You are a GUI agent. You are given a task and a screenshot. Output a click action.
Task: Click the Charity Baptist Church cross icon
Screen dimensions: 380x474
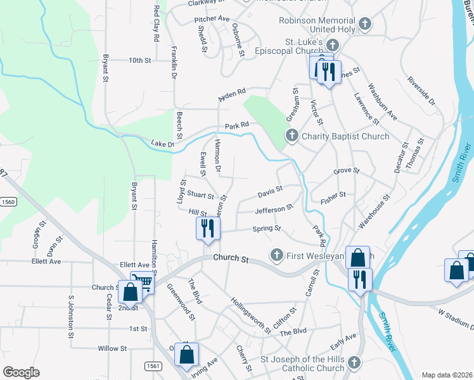click(x=291, y=136)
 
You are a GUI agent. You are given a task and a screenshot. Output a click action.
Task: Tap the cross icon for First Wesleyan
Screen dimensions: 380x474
click(x=276, y=255)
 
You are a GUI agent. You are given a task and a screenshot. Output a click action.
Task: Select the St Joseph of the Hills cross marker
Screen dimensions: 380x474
click(x=354, y=363)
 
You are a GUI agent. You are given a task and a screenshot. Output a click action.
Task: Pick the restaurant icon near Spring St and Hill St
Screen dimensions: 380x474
click(x=208, y=229)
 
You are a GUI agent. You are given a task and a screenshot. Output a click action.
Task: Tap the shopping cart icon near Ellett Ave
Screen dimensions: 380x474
click(x=143, y=282)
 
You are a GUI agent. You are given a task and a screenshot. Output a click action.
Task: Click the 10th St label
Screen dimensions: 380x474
click(x=139, y=61)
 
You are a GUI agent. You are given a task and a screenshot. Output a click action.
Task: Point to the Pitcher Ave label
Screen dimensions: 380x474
click(x=212, y=19)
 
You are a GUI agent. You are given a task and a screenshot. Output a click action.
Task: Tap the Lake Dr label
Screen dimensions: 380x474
click(x=163, y=144)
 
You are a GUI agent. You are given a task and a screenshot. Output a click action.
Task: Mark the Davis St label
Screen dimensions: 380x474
click(x=270, y=191)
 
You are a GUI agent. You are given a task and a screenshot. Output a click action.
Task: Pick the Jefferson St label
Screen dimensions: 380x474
click(x=274, y=209)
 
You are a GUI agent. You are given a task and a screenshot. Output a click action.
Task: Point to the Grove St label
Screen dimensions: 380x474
click(x=347, y=171)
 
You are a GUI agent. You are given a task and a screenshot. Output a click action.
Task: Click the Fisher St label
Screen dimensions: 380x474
click(x=333, y=197)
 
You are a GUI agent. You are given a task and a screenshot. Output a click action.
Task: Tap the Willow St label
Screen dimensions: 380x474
click(x=113, y=348)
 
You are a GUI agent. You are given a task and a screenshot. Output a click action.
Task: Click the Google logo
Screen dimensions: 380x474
click(x=22, y=372)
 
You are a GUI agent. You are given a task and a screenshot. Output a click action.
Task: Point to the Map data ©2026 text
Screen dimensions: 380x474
click(x=447, y=375)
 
